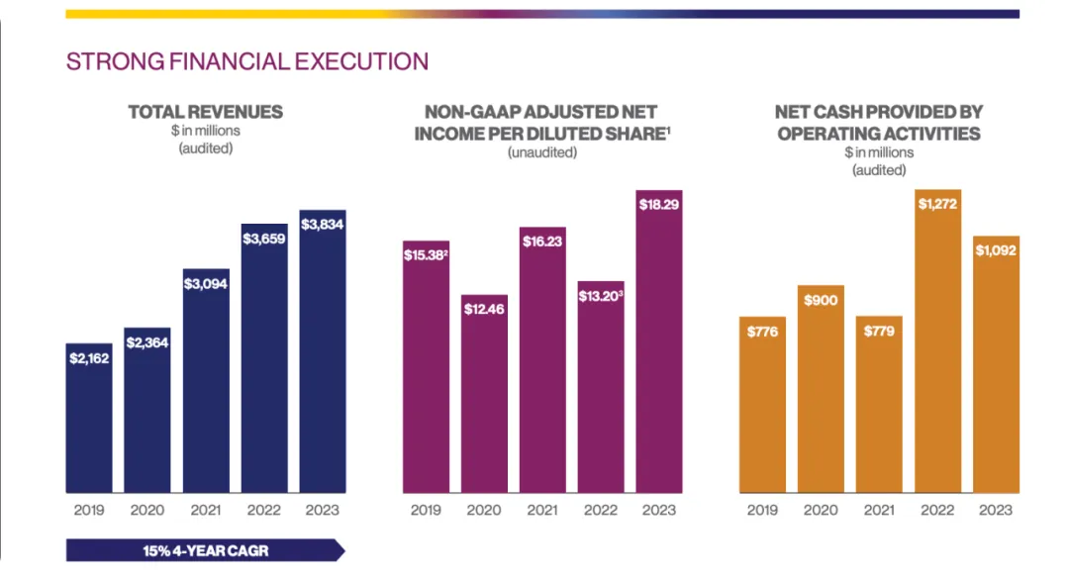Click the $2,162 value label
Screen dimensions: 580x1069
pos(89,357)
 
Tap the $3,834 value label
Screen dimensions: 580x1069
pos(323,225)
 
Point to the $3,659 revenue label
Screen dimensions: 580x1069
pos(264,239)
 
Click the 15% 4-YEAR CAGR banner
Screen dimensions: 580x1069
pos(205,550)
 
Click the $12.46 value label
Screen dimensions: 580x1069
pos(484,310)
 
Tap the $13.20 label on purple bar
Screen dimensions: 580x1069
pos(601,296)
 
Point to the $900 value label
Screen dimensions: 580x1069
pos(821,300)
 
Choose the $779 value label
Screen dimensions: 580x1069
pos(879,331)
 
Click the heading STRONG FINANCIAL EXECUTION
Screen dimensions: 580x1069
pos(246,61)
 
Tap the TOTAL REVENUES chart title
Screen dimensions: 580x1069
pos(206,112)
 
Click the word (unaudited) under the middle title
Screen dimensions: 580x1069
pos(542,152)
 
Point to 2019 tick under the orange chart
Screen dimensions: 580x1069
pos(762,510)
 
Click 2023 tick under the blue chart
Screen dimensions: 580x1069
pos(323,510)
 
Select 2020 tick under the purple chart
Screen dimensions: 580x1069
pos(484,510)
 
